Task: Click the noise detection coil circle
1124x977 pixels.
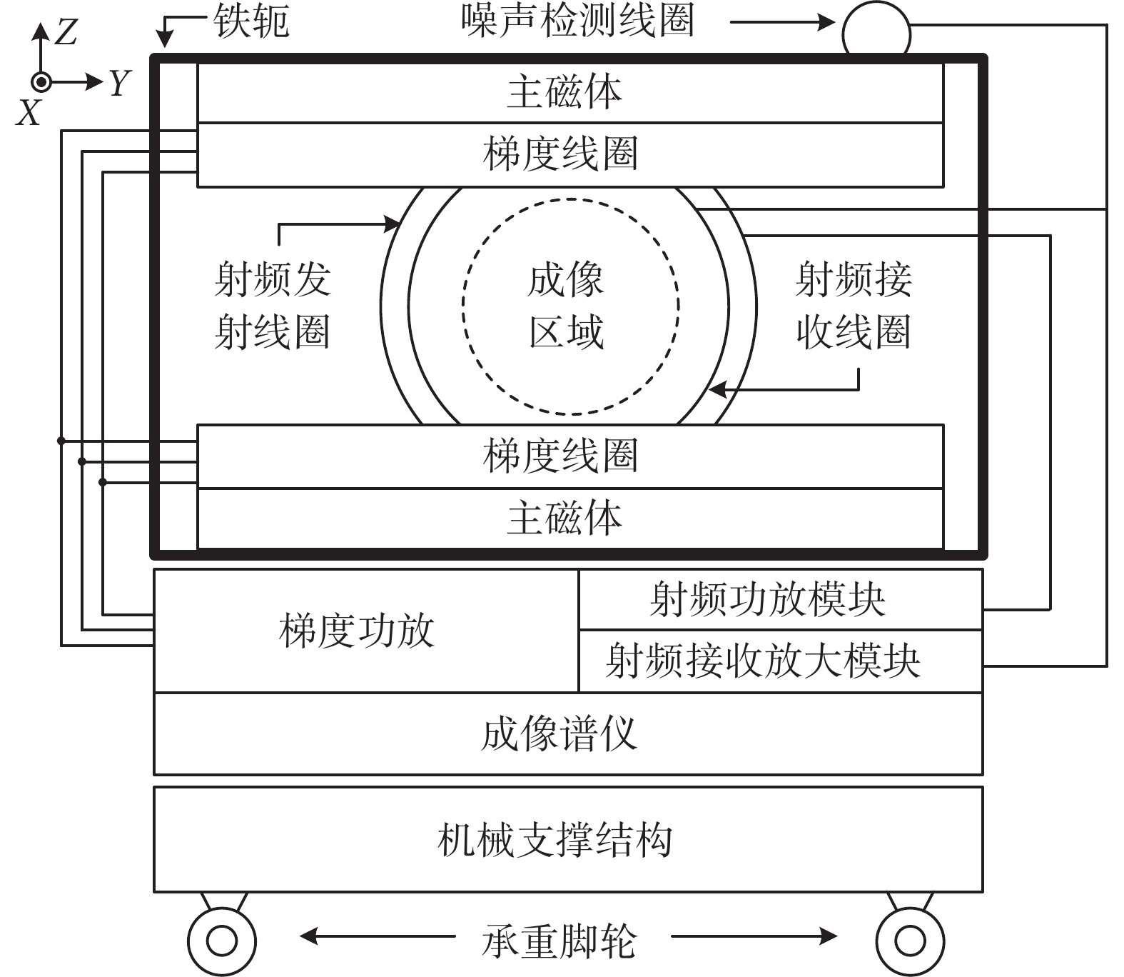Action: [876, 31]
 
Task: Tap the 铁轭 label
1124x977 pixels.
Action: [251, 21]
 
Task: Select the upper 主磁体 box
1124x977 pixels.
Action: [569, 93]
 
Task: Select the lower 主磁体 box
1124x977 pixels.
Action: [569, 518]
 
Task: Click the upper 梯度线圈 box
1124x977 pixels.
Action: [569, 154]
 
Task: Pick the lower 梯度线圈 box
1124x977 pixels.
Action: [569, 456]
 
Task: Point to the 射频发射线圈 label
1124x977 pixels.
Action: [273, 306]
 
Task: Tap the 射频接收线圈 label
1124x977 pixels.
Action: [854, 306]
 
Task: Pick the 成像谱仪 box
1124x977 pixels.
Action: [567, 733]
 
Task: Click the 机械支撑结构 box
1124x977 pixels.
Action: [567, 839]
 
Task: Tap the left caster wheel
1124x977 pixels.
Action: [222, 941]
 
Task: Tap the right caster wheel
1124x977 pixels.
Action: [910, 941]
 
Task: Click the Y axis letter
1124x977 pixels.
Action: [120, 83]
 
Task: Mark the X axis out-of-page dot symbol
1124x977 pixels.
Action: [41, 83]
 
